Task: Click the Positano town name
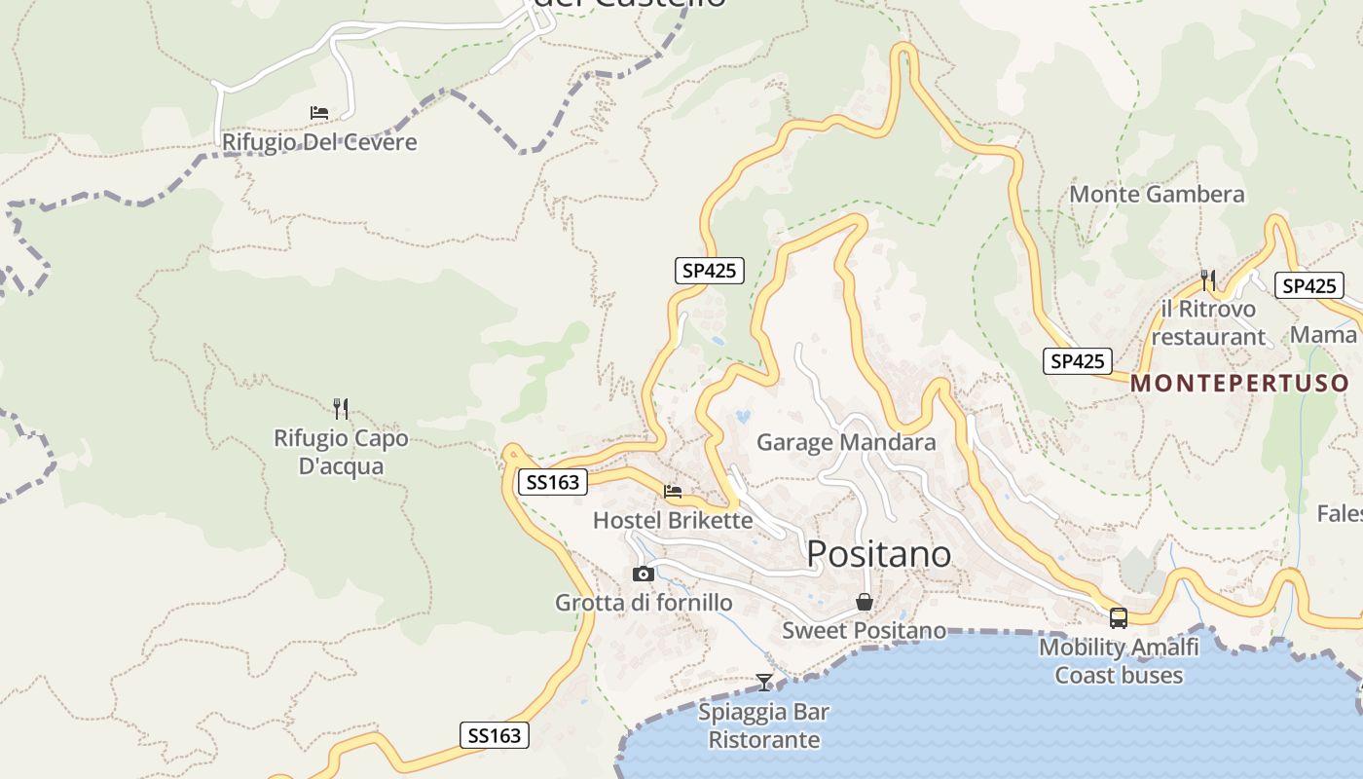pos(879,553)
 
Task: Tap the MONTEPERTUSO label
pos(1239,383)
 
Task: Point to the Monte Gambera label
pos(1157,194)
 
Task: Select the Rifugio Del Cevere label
pos(319,142)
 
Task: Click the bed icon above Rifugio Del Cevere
pos(319,113)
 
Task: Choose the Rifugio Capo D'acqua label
pos(341,452)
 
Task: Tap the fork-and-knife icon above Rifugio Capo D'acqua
pos(341,408)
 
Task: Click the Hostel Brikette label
pos(673,520)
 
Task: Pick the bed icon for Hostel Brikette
pos(673,492)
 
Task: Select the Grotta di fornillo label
pos(644,603)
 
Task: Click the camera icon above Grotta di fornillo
pos(644,574)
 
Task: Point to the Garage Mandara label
pos(846,442)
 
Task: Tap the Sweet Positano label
pos(864,630)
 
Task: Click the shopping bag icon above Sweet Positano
pos(864,602)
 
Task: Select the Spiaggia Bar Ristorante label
pos(764,725)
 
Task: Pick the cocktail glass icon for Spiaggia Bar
pos(764,682)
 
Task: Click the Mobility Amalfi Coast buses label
pos(1119,660)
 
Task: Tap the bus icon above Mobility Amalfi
pos(1119,617)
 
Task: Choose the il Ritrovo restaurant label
pos(1208,322)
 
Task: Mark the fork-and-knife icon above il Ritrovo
pos(1208,280)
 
